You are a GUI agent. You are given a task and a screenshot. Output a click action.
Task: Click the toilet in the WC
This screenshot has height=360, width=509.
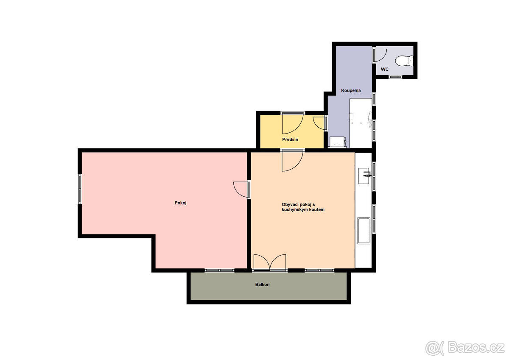[x=403, y=61]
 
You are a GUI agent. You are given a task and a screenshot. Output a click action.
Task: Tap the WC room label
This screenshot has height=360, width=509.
[x=385, y=69]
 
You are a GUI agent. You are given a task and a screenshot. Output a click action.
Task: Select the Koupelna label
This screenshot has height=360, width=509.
[x=351, y=91]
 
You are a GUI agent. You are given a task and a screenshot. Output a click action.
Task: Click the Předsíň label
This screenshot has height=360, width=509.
[x=290, y=140]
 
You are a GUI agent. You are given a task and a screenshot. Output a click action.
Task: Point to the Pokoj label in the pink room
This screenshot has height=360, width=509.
[x=181, y=203]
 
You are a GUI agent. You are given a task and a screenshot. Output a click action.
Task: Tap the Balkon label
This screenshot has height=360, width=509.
[x=262, y=285]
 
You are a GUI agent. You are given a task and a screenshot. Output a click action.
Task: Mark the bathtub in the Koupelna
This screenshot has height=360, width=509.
[x=361, y=123]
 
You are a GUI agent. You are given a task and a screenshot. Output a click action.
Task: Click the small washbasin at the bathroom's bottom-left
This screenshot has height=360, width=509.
[x=338, y=142]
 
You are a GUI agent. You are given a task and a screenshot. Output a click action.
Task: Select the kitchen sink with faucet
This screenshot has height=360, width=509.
[x=364, y=176]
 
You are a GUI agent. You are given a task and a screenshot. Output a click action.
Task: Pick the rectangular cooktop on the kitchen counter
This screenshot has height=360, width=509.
[x=364, y=231]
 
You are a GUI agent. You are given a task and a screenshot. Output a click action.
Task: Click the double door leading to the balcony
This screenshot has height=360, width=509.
[x=270, y=262]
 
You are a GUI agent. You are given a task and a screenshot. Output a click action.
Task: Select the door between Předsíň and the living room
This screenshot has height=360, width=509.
[x=292, y=160]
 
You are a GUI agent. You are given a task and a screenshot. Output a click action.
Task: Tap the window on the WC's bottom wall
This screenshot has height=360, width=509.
[x=395, y=77]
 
